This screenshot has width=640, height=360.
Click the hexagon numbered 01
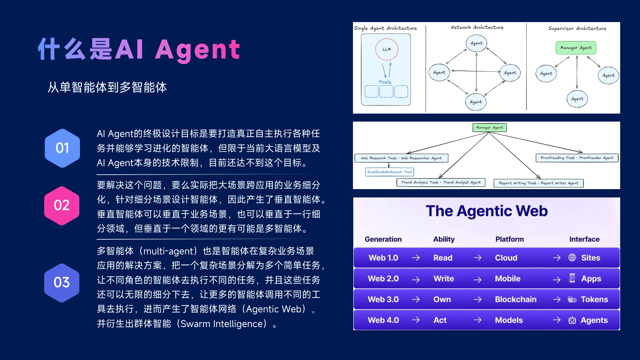coord(62,148)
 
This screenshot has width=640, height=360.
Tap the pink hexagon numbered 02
coord(62,205)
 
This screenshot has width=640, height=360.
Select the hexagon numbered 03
coord(62,283)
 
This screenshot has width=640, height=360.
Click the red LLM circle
coord(387,49)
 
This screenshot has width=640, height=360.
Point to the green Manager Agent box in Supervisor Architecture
coord(576,48)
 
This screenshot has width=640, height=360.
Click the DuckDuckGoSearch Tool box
coord(389,172)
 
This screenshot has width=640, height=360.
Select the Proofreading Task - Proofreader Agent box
coord(577,158)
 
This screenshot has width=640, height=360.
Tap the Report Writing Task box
coord(539,183)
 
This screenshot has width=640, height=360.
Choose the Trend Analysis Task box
coord(441,182)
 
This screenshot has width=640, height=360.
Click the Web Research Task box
coord(401,158)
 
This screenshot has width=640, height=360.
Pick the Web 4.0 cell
coord(383,320)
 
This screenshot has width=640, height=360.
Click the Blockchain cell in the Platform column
coord(516,299)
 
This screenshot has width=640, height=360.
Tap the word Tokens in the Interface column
coord(594,299)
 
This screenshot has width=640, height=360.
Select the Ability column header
coord(444,239)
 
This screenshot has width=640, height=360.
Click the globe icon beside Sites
coord(572,258)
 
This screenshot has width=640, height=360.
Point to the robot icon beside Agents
coord(572,320)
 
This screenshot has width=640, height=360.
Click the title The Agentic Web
coord(487,211)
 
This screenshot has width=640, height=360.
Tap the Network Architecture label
coord(477,28)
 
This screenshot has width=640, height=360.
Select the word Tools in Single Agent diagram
coord(385,82)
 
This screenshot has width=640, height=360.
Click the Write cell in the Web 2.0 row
coord(444,278)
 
